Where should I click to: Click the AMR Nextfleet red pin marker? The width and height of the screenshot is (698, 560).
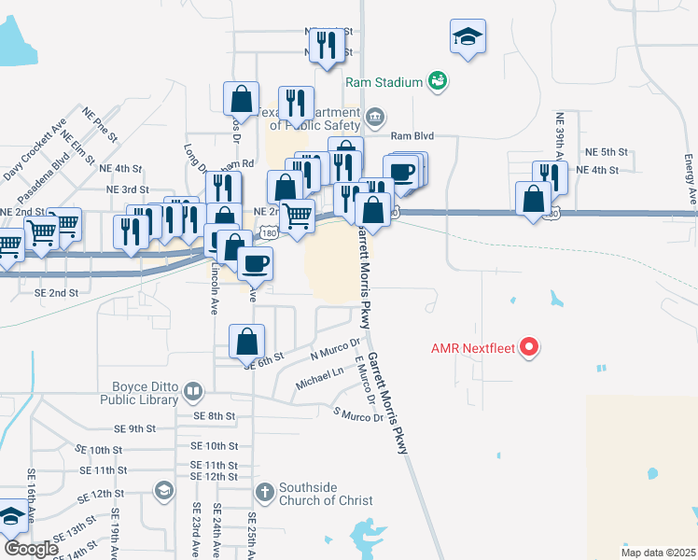[x=529, y=349]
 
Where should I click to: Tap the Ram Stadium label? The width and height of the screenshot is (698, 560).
[x=384, y=82]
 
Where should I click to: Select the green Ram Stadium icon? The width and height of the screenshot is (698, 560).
[x=437, y=81]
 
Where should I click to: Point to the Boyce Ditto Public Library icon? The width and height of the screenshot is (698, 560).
[x=193, y=390]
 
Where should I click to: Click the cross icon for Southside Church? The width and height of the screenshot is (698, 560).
[x=264, y=491]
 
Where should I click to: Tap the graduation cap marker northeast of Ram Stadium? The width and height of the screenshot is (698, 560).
[x=468, y=36]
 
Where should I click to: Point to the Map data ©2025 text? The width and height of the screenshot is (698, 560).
[x=658, y=553]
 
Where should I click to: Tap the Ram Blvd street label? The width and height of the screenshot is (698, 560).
[x=413, y=136]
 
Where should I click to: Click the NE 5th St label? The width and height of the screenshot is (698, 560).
[x=607, y=151]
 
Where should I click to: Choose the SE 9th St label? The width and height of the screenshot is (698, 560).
[x=135, y=428]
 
